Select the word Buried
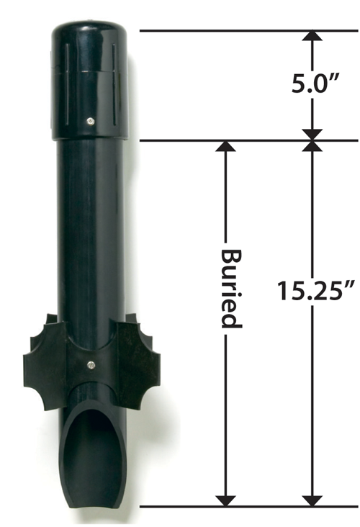pos(229,288)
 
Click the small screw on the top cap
pos(89,120)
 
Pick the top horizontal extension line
pos(245,31)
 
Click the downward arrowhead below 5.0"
pos(312,133)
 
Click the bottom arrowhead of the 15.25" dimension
pos(312,499)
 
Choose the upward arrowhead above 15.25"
pos(312,148)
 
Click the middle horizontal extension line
pos(245,140)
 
